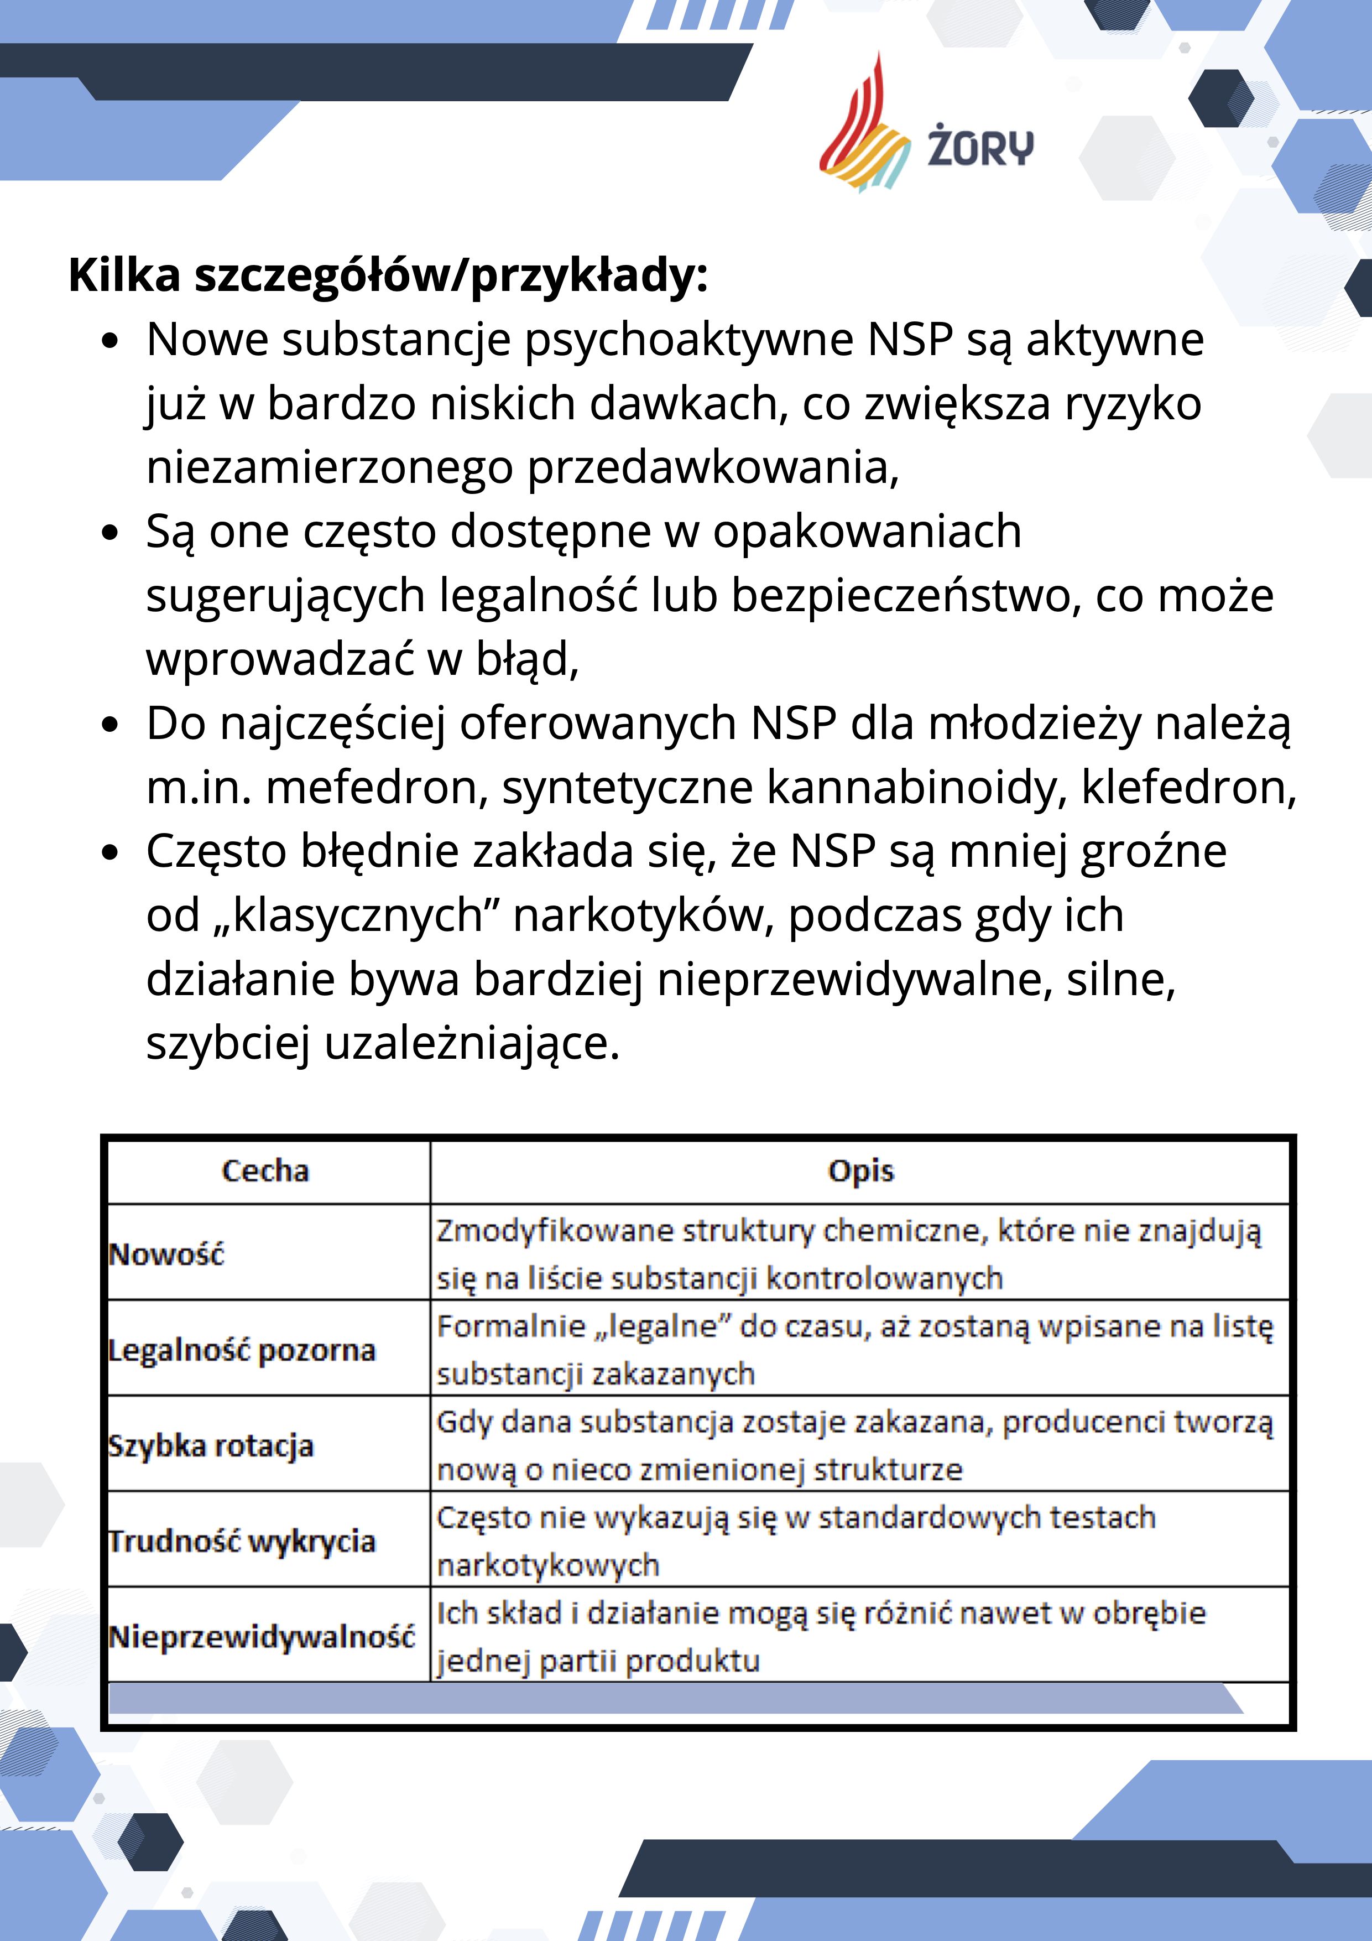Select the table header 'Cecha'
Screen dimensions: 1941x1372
[x=265, y=1171]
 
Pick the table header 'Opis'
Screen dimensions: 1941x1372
[x=860, y=1171]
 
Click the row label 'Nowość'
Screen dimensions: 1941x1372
[x=166, y=1253]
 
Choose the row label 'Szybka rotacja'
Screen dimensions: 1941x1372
[x=211, y=1445]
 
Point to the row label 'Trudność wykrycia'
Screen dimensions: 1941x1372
[x=242, y=1541]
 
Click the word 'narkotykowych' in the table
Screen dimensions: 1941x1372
[x=548, y=1565]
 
